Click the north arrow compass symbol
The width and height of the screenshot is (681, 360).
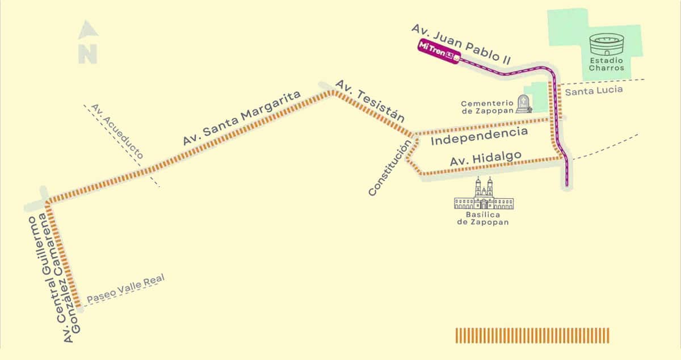tap(87, 43)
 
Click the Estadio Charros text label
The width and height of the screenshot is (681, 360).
tap(606, 64)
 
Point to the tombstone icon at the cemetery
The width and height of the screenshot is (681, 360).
tap(523, 104)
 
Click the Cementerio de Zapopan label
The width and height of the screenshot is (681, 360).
tap(487, 107)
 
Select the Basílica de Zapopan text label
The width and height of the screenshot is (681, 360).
tap(483, 219)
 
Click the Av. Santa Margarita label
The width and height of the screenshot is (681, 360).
tap(242, 119)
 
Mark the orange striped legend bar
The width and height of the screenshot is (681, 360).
tap(532, 335)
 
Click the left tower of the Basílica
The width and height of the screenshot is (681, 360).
tap(477, 187)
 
